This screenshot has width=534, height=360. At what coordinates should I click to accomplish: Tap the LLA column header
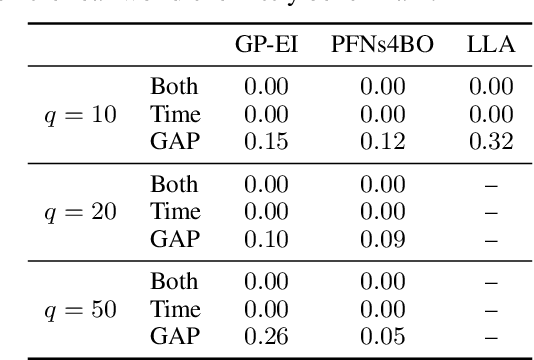click(490, 45)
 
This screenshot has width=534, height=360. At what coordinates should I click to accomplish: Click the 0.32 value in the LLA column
click(490, 141)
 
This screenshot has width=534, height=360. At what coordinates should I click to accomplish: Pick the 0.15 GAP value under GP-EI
click(266, 141)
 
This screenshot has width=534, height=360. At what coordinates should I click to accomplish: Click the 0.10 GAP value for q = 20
click(266, 239)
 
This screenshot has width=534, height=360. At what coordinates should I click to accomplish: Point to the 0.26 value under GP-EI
click(266, 336)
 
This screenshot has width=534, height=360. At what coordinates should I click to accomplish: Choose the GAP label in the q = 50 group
click(175, 336)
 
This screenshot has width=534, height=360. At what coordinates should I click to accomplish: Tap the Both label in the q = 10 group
click(175, 87)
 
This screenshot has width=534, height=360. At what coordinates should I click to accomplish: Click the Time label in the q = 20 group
click(175, 212)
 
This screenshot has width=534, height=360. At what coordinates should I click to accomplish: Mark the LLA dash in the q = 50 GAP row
click(490, 336)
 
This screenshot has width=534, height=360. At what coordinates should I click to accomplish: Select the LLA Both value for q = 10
click(490, 87)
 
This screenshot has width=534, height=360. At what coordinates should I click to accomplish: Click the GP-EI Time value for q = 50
click(266, 309)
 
